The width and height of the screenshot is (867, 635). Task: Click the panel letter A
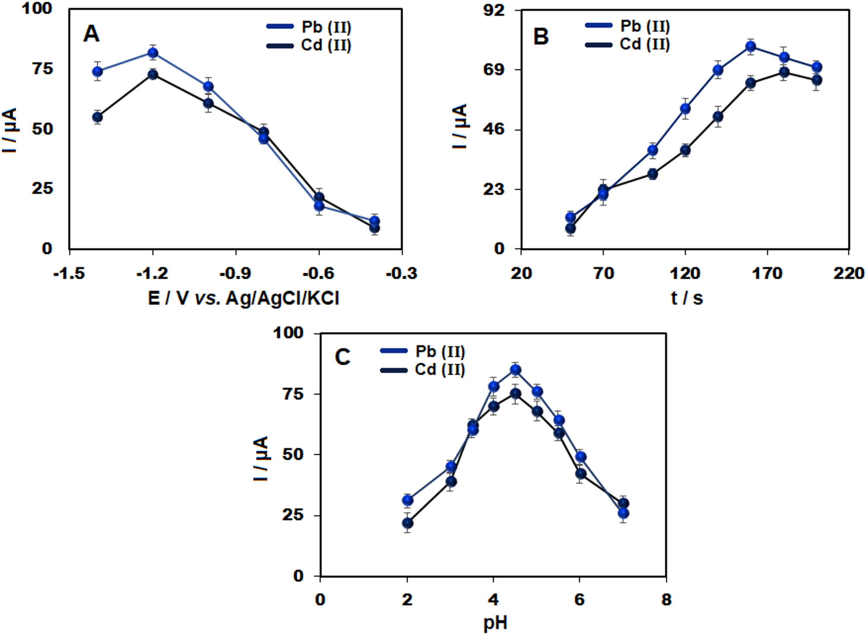[x=91, y=34]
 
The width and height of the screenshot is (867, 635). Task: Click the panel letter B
[x=541, y=36]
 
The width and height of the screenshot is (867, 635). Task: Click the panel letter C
[x=342, y=357]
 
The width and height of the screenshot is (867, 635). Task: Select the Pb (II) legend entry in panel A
[x=309, y=27]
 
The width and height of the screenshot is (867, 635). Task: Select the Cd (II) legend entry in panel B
[x=628, y=44]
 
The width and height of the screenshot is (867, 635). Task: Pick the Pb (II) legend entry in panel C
[x=423, y=351]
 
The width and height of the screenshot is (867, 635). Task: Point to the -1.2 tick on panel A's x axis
[x=152, y=273]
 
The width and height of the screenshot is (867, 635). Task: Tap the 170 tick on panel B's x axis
[x=767, y=273]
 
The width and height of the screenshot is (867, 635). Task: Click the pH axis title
[x=495, y=623]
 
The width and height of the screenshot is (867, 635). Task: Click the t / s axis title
[x=687, y=298]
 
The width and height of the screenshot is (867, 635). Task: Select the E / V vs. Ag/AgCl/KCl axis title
[x=243, y=298]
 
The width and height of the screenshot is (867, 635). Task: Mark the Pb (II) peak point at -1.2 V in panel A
[x=152, y=53]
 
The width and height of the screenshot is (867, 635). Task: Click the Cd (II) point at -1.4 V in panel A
[x=98, y=117]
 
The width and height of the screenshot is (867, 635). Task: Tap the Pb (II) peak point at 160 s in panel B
[x=751, y=47]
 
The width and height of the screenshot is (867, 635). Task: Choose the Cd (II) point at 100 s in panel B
[x=652, y=174]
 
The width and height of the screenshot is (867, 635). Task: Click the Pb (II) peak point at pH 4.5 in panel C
[x=516, y=370]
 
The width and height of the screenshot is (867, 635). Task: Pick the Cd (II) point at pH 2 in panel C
[x=407, y=523]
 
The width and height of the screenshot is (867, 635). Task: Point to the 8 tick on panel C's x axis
[x=666, y=600]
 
